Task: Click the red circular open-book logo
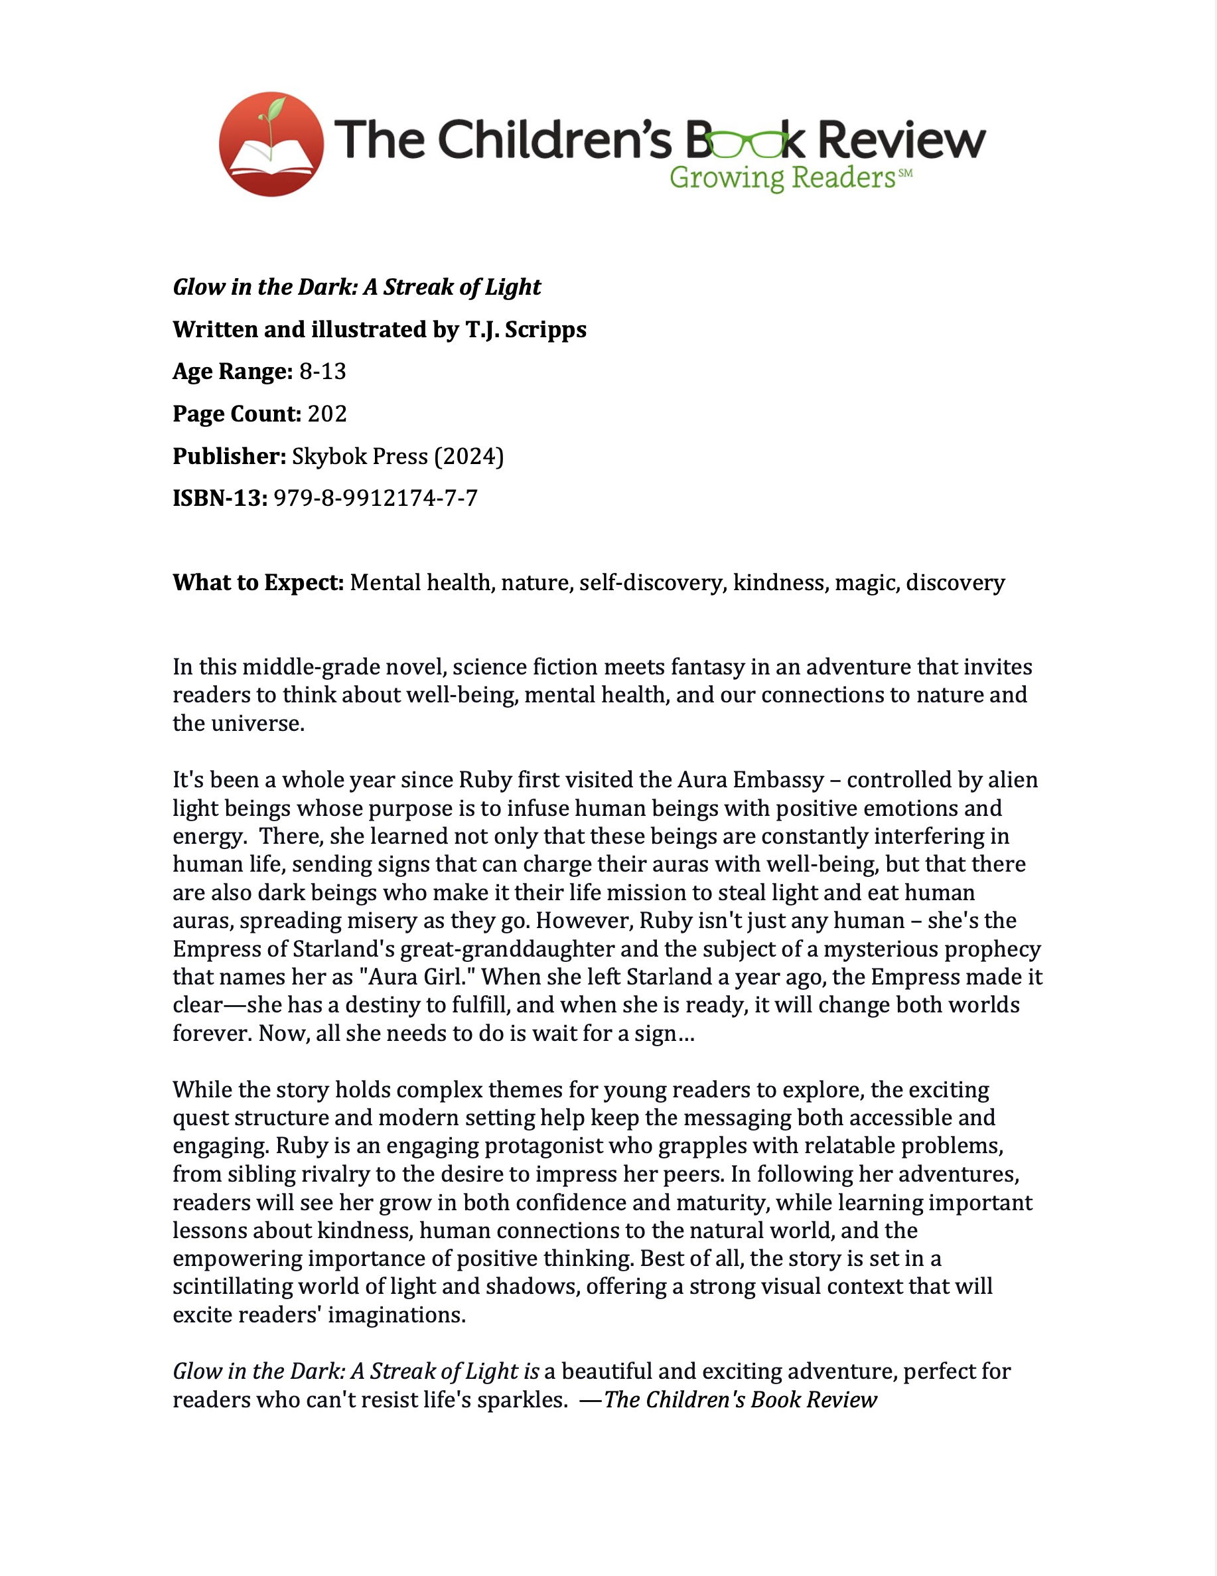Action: click(271, 144)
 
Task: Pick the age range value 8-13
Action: click(322, 372)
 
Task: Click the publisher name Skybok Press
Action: click(359, 457)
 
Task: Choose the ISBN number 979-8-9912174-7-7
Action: click(375, 499)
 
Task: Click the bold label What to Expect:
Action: click(258, 583)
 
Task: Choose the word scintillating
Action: click(232, 1287)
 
